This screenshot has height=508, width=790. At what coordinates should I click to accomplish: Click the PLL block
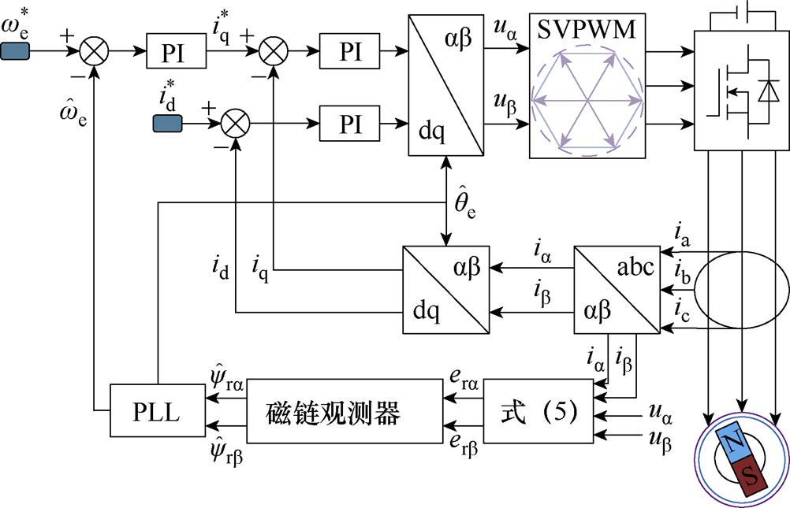pos(157,410)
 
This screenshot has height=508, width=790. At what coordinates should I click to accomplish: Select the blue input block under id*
pos(166,124)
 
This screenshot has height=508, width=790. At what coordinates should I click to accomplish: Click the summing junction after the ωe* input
pos(97,53)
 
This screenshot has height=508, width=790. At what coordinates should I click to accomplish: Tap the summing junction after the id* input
pos(235,124)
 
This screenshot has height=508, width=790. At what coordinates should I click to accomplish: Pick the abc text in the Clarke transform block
pos(635,267)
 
